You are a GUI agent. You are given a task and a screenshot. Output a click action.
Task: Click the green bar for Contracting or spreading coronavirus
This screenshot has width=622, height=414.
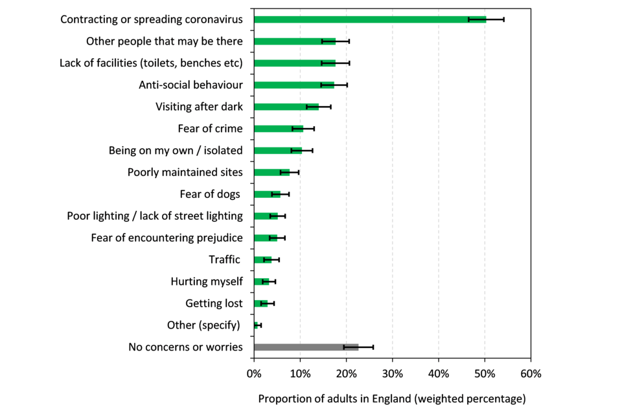point(369,19)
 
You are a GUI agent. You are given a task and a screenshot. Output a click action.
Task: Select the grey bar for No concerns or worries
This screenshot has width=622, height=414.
point(306,347)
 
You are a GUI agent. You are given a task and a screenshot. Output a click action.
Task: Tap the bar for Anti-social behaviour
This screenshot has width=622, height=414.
point(294,85)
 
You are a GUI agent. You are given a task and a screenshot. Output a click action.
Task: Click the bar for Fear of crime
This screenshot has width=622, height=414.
point(278,129)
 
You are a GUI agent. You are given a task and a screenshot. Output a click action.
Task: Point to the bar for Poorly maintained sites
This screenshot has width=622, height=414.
point(271,172)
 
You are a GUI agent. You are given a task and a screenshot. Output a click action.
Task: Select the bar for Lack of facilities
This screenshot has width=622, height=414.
point(295,63)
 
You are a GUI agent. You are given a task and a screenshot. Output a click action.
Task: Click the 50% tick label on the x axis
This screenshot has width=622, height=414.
point(485,374)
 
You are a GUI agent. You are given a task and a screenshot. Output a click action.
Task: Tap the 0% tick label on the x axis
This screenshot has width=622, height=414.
point(254,374)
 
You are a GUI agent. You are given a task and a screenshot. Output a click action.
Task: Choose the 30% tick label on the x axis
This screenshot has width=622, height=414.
point(392,374)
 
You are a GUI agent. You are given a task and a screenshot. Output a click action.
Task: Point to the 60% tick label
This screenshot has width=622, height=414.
point(531,374)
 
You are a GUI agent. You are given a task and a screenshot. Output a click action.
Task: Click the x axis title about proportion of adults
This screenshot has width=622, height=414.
point(392,398)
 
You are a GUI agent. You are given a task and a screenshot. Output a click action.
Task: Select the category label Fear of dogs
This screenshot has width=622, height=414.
point(210,194)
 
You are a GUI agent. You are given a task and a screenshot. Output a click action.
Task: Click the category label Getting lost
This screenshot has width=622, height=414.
point(214,303)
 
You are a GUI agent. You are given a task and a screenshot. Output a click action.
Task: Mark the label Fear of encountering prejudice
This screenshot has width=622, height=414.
point(167,238)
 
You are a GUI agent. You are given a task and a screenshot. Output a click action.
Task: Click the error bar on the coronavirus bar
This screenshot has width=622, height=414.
point(487,19)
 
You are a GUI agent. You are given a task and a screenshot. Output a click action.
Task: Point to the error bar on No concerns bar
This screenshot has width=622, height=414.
point(358,347)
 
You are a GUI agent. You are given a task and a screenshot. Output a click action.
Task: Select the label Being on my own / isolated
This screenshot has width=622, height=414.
point(176,151)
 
